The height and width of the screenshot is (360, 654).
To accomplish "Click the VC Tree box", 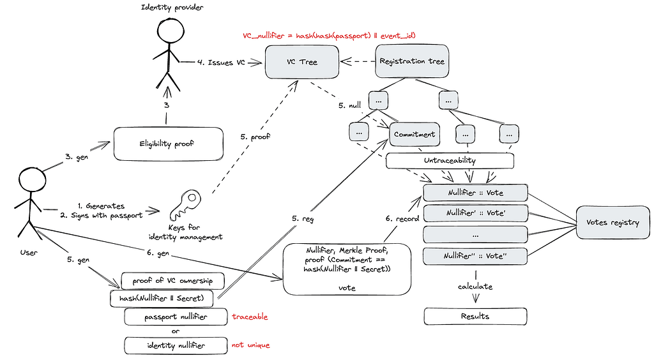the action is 302,62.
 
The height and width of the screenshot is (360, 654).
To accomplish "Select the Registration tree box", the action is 412,61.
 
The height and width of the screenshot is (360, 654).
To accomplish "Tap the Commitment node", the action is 414,134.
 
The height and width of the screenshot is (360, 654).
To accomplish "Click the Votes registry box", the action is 612,222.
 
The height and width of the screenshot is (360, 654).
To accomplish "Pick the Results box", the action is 475,316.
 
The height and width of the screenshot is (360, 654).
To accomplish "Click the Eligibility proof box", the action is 168,144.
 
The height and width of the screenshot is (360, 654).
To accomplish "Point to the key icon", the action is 185,205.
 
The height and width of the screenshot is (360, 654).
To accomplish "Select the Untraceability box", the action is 450,160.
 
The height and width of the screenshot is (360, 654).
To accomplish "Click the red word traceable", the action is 250,317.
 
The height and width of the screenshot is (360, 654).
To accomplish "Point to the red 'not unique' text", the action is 250,345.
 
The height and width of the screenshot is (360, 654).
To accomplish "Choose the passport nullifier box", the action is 176,317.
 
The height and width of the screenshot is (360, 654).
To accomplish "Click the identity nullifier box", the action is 176,345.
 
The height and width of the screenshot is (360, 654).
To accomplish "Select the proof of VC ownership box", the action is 172,281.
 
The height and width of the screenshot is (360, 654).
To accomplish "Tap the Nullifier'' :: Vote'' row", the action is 475,256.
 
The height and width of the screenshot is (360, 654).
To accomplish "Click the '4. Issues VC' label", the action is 221,63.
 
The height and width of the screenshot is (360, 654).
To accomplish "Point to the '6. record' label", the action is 402,218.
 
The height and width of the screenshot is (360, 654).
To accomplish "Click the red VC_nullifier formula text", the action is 329,35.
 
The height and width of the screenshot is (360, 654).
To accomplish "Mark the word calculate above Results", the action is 475,286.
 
